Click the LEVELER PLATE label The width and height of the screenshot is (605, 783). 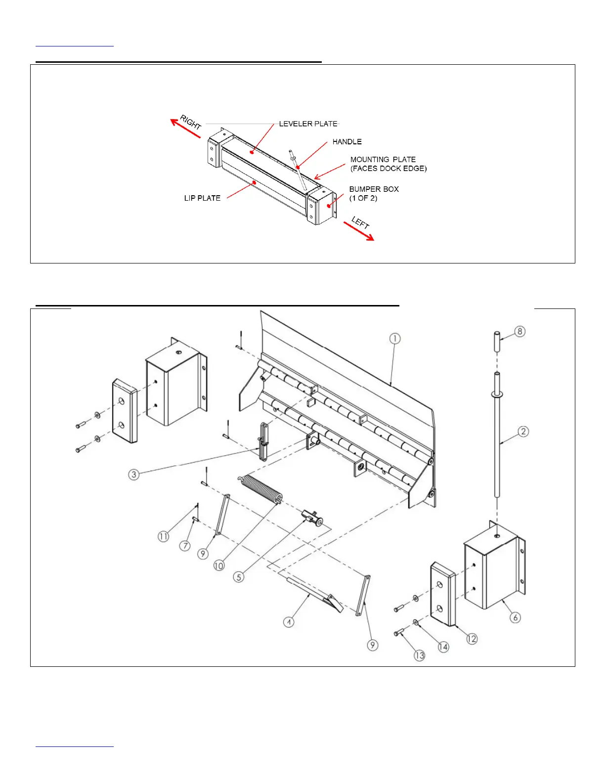[x=308, y=124]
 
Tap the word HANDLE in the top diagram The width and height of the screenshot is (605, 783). [x=347, y=142]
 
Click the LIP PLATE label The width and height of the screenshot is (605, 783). [x=202, y=198]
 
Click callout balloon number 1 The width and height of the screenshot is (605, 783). [x=394, y=339]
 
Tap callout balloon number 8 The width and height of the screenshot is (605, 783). [x=519, y=331]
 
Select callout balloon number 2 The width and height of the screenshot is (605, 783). [x=523, y=432]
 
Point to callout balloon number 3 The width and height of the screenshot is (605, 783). [x=133, y=475]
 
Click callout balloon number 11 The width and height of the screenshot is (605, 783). [x=163, y=536]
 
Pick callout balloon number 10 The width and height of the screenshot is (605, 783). [x=219, y=565]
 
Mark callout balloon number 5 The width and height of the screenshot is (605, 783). [x=239, y=577]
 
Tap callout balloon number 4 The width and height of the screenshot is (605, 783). [x=289, y=622]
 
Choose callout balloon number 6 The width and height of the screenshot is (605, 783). [x=515, y=617]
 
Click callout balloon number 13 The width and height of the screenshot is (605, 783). [x=419, y=655]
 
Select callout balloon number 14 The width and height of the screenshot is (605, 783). [x=443, y=647]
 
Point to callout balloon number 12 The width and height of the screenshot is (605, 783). [x=472, y=639]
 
